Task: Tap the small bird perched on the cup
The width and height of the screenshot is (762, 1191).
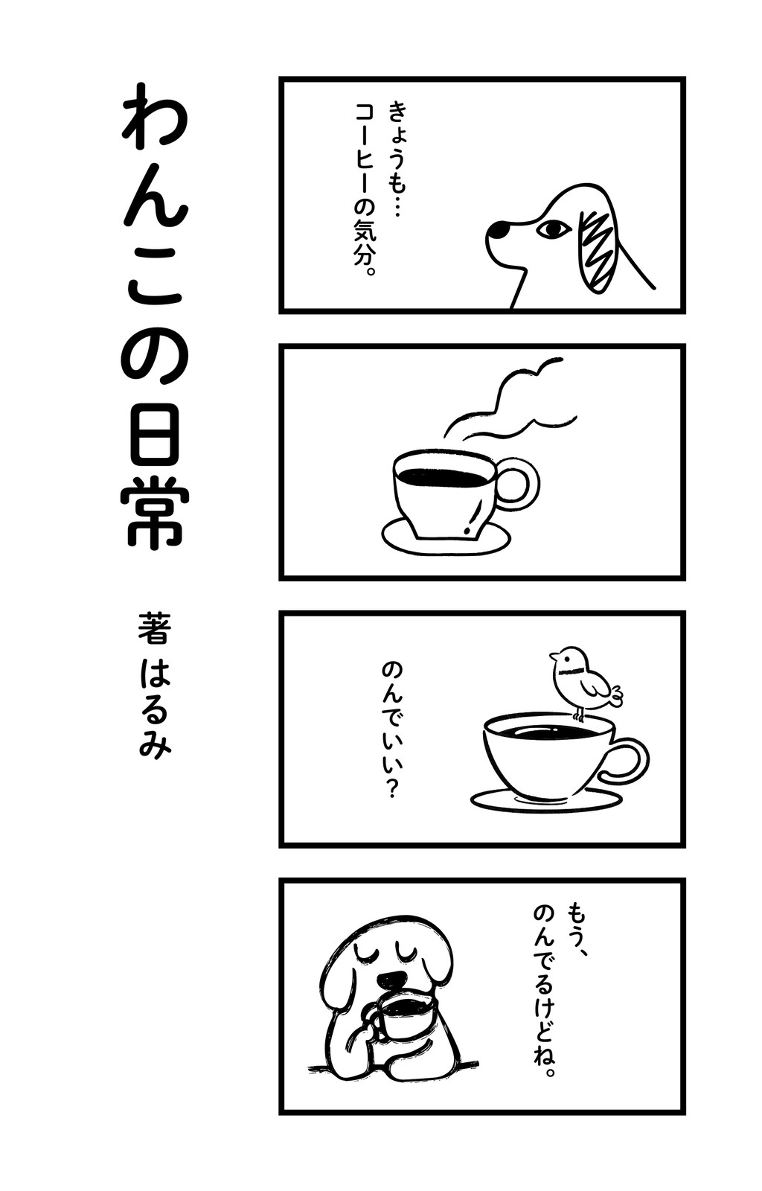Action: click(x=584, y=683)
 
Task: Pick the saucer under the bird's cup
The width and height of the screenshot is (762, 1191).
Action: click(x=545, y=800)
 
